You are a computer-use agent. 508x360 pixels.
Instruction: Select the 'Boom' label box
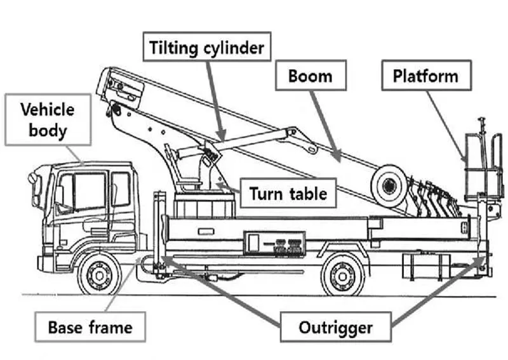[311, 76]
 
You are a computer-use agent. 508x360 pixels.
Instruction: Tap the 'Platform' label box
[425, 76]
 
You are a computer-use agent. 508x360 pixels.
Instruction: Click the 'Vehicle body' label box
[48, 119]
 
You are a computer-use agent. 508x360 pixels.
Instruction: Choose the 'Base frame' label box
[91, 328]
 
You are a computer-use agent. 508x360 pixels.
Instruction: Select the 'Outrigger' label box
[336, 328]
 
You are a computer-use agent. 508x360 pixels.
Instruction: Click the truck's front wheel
[98, 274]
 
